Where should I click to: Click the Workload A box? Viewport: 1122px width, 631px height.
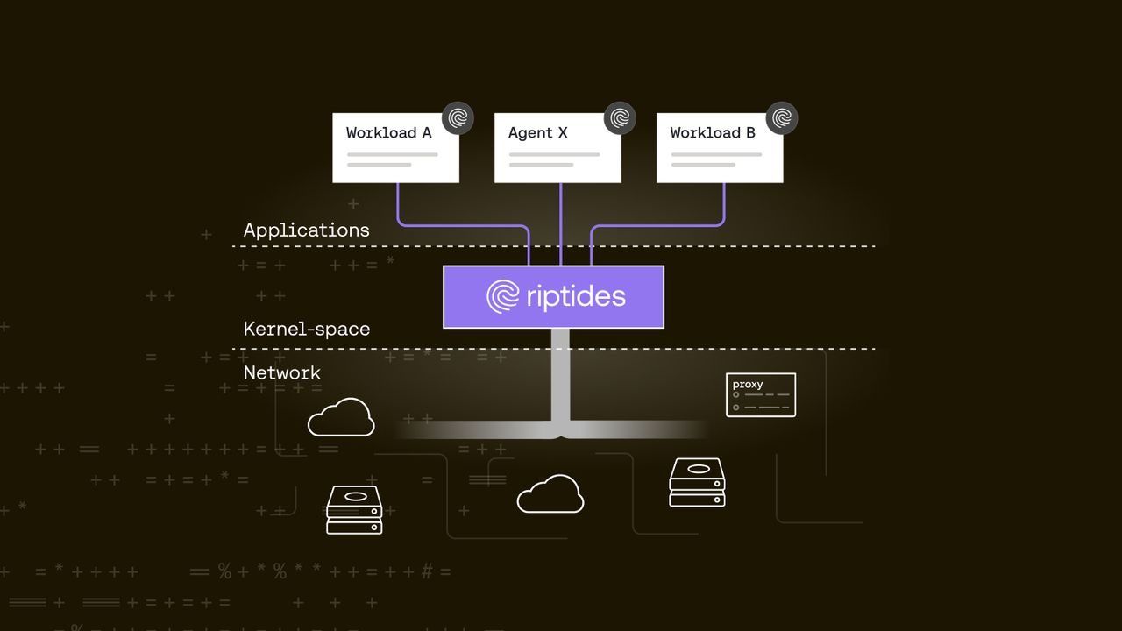pos(395,149)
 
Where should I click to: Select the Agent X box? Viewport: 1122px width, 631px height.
pos(557,149)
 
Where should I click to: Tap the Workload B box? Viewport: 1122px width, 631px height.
pos(719,149)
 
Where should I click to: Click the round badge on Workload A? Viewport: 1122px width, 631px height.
pos(458,118)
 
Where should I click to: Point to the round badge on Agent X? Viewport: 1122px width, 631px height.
pos(620,118)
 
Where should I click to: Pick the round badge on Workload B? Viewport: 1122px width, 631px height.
pos(782,118)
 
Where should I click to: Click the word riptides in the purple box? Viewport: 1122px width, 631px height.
pos(576,296)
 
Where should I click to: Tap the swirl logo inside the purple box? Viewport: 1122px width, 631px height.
pos(503,296)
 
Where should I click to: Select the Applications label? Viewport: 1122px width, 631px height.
pos(306,230)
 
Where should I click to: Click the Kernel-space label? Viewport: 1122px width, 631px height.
pos(306,329)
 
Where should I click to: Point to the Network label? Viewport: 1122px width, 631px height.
pos(281,372)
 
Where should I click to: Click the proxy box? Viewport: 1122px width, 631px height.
pos(761,396)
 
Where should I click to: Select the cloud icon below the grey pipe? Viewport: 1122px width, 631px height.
pos(550,494)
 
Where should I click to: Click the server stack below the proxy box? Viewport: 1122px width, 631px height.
pos(697,482)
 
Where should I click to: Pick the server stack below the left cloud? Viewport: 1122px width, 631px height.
pos(354,509)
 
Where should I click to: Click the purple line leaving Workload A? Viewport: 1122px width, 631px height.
pos(398,206)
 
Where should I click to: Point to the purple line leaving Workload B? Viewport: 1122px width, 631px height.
pos(724,206)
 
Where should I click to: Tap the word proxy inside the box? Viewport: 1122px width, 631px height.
pos(748,385)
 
